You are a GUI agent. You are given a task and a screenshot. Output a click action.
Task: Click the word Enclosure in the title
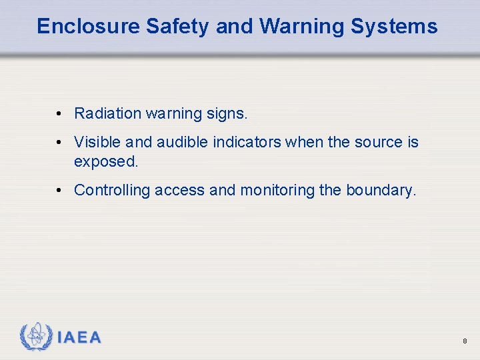coord(88,27)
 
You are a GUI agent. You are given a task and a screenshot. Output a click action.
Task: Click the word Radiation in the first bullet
coord(108,114)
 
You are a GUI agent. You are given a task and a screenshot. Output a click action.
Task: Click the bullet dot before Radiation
coord(59,114)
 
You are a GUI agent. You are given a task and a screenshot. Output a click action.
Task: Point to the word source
coord(377,143)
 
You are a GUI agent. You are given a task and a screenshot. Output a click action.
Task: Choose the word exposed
coord(105,162)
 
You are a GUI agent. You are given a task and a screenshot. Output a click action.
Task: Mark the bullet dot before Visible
coord(59,143)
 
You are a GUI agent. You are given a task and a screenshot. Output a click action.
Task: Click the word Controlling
coord(112,191)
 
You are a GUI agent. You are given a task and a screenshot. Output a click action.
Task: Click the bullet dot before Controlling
coord(59,191)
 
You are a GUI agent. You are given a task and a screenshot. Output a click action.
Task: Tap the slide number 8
coord(465,341)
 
